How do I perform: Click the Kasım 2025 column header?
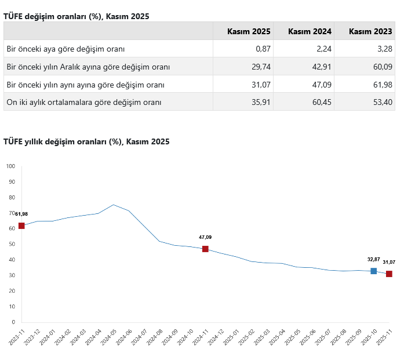coord(249,31)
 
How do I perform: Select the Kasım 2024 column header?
coord(310,31)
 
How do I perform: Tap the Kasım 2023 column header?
coord(370,31)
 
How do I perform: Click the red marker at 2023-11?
coord(21,226)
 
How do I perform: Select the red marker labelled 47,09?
coord(205,249)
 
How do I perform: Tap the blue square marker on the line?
coord(374,271)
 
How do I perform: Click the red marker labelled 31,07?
coord(389,274)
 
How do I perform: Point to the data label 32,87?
coord(374,259)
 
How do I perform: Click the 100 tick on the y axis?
coord(10,166)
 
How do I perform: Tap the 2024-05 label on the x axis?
coord(111,337)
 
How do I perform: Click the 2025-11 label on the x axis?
coord(384,337)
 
